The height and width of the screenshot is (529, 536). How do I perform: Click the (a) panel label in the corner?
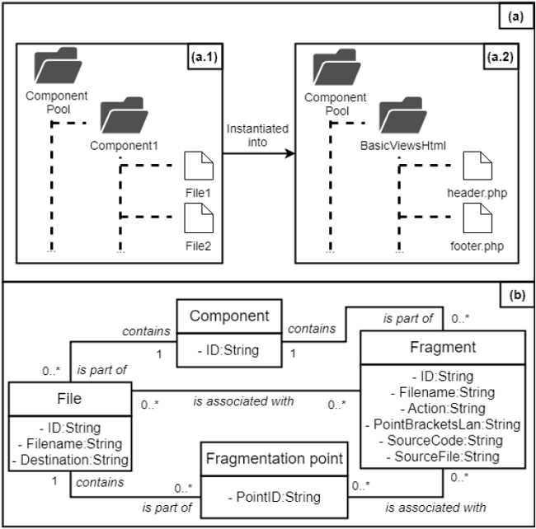[517, 15]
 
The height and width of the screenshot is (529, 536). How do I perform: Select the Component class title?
[228, 316]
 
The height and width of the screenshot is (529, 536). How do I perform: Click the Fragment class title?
[443, 347]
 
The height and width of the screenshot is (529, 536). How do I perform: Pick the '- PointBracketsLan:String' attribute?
[443, 424]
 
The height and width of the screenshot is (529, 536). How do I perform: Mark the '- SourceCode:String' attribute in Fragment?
[443, 440]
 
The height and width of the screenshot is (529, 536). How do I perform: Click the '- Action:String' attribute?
[443, 409]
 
